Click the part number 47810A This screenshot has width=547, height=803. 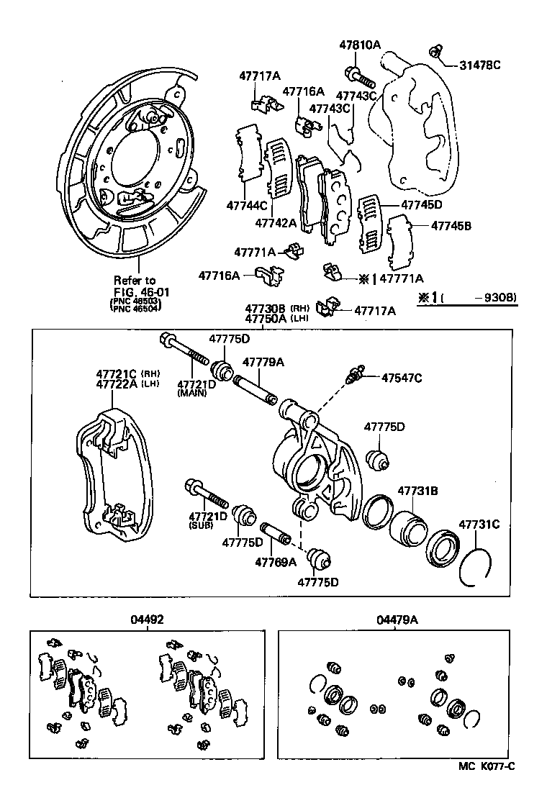click(x=359, y=45)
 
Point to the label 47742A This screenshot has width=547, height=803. click(x=275, y=224)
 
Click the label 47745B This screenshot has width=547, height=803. click(x=451, y=225)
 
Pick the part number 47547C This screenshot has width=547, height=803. click(x=402, y=377)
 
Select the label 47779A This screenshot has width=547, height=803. click(x=263, y=362)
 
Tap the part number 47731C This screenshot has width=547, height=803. click(x=479, y=524)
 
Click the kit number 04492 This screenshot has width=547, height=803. click(x=148, y=619)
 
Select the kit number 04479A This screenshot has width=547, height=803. click(x=396, y=619)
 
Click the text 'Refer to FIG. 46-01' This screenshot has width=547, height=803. click(x=135, y=286)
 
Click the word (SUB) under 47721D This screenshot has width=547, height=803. click(x=199, y=526)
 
